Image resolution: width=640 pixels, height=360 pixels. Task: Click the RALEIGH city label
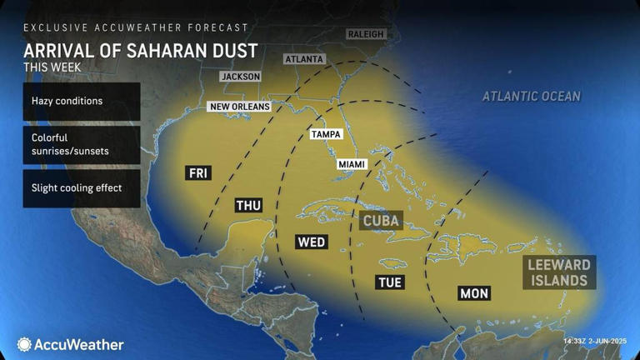[365, 34]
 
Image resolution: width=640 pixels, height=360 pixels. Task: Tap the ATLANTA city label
[304, 59]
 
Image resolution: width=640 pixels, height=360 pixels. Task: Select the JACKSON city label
[241, 77]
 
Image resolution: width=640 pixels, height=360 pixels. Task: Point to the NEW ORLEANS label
[240, 107]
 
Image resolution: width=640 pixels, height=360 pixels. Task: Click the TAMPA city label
[326, 134]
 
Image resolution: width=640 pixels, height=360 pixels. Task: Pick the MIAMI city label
[352, 164]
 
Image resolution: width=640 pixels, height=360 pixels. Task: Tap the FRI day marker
[198, 173]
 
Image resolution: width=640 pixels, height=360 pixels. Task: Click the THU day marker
[248, 206]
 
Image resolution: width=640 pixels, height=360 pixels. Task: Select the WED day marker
[311, 242]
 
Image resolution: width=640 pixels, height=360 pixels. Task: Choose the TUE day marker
[389, 282]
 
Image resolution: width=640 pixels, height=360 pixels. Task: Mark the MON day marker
[473, 293]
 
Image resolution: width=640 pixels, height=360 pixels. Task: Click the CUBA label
[381, 221]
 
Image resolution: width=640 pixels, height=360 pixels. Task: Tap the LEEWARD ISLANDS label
[559, 272]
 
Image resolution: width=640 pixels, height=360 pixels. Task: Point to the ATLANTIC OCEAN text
[531, 97]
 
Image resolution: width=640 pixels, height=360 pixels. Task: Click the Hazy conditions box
[82, 101]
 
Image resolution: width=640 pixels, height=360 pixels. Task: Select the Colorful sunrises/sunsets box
[82, 144]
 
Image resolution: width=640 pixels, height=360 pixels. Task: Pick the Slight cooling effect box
[82, 188]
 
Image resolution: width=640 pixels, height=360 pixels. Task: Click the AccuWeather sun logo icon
[25, 344]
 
